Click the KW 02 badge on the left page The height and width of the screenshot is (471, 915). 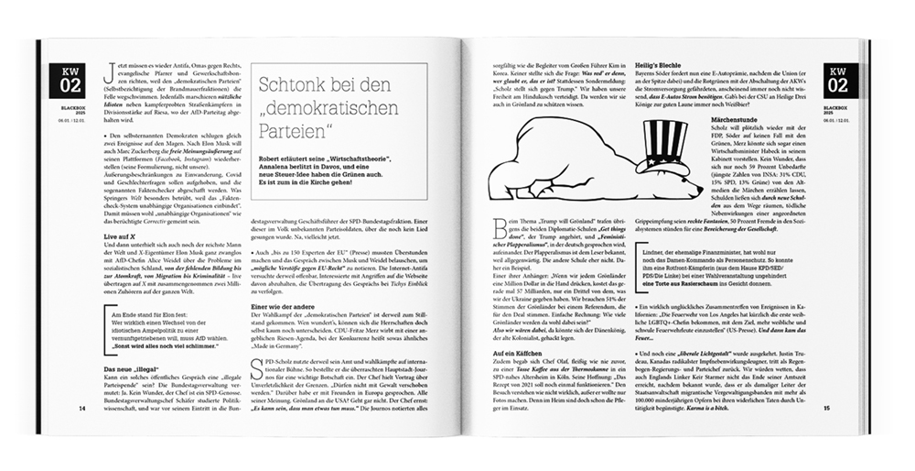click(71, 80)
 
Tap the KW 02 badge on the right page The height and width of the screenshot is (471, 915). click(838, 80)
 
